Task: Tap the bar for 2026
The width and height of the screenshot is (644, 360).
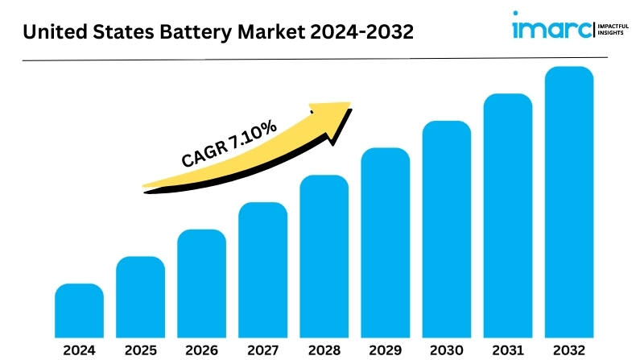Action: [x=201, y=283]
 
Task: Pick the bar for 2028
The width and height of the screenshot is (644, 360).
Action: [x=324, y=255]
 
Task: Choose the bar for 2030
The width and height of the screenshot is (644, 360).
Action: [x=446, y=228]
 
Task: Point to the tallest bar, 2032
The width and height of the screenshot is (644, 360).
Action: [x=569, y=201]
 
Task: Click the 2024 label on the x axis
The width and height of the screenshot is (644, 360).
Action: [x=79, y=350]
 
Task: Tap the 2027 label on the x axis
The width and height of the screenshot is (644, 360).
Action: [x=262, y=350]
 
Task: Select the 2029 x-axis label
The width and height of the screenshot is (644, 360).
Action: [x=385, y=350]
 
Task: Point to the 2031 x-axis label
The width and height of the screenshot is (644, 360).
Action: [x=507, y=350]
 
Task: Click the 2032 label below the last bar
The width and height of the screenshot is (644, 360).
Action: [x=569, y=350]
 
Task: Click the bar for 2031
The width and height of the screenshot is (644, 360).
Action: [x=507, y=215]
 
